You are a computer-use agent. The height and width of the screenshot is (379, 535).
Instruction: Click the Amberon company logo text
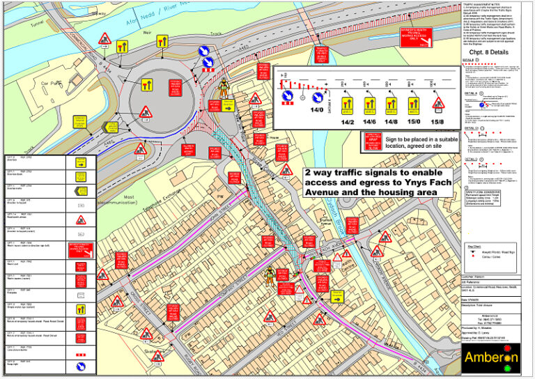(x=491, y=358)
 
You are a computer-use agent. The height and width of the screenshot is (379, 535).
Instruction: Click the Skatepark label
(x=153, y=353)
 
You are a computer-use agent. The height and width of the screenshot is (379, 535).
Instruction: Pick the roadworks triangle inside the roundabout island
(x=146, y=111)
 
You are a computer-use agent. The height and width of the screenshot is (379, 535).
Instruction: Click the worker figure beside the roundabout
(x=225, y=87)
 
